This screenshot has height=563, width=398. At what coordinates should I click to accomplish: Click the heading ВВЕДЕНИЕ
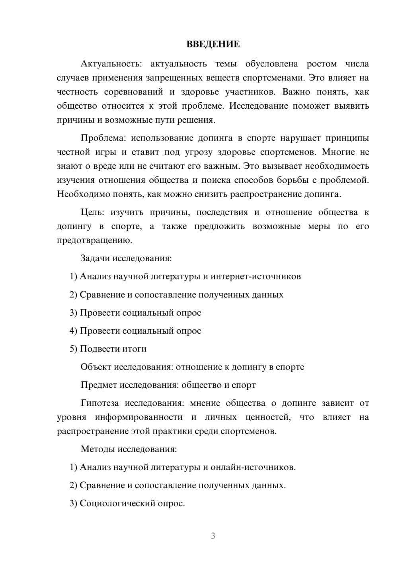coord(213,44)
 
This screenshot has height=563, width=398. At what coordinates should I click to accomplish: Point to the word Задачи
coord(95,258)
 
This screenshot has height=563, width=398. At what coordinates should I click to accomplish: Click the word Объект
coord(96,367)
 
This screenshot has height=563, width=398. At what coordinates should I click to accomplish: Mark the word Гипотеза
coord(99,403)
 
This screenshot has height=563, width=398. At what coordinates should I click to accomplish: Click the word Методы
coord(98,449)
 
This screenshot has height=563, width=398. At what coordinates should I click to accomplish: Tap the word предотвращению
coord(94,240)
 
